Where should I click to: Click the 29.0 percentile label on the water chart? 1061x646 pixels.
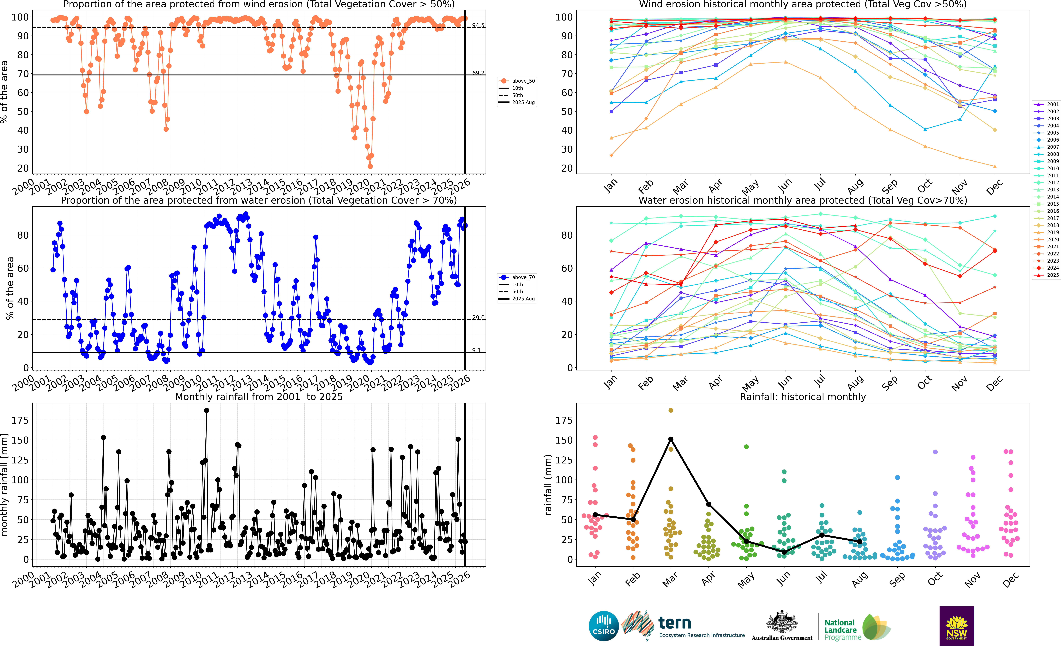coord(478,317)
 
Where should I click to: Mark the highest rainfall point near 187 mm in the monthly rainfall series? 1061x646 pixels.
coord(207,410)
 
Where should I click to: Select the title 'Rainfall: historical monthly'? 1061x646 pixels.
coord(803,397)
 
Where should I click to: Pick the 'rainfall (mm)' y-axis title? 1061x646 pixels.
coord(548,485)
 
